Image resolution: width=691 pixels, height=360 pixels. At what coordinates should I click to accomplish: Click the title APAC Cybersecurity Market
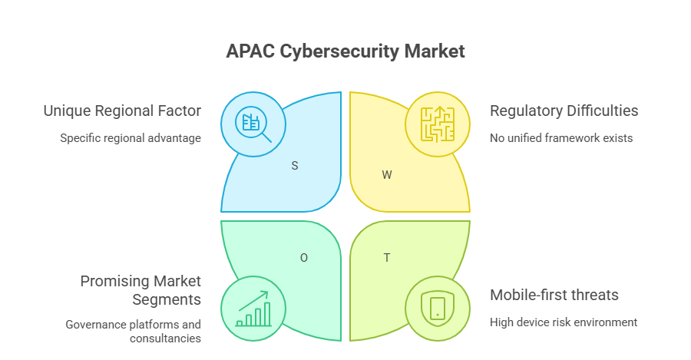pyautogui.click(x=345, y=52)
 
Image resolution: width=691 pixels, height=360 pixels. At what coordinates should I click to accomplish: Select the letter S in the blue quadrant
pyautogui.click(x=295, y=166)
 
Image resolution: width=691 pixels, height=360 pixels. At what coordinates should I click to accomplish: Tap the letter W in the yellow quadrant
pyautogui.click(x=387, y=175)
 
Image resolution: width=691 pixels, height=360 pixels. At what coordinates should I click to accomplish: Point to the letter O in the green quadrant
pyautogui.click(x=304, y=258)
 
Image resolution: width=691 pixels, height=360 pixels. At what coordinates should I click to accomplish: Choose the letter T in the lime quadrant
pyautogui.click(x=387, y=258)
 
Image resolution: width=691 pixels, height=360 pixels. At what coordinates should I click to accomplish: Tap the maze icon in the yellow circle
pyautogui.click(x=437, y=124)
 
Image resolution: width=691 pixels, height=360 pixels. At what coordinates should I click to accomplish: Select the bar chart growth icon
pyautogui.click(x=253, y=308)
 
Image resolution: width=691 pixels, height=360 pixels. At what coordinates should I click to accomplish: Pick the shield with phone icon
pyautogui.click(x=437, y=308)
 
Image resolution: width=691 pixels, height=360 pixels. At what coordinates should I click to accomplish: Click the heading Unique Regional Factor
pyautogui.click(x=122, y=111)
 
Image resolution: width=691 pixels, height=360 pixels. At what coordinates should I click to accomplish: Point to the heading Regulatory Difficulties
pyautogui.click(x=564, y=111)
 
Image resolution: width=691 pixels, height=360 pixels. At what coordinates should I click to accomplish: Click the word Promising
pyautogui.click(x=114, y=282)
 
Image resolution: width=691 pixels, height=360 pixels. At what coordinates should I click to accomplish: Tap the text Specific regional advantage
pyautogui.click(x=131, y=139)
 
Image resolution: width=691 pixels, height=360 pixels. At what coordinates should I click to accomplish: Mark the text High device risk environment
pyautogui.click(x=564, y=322)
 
